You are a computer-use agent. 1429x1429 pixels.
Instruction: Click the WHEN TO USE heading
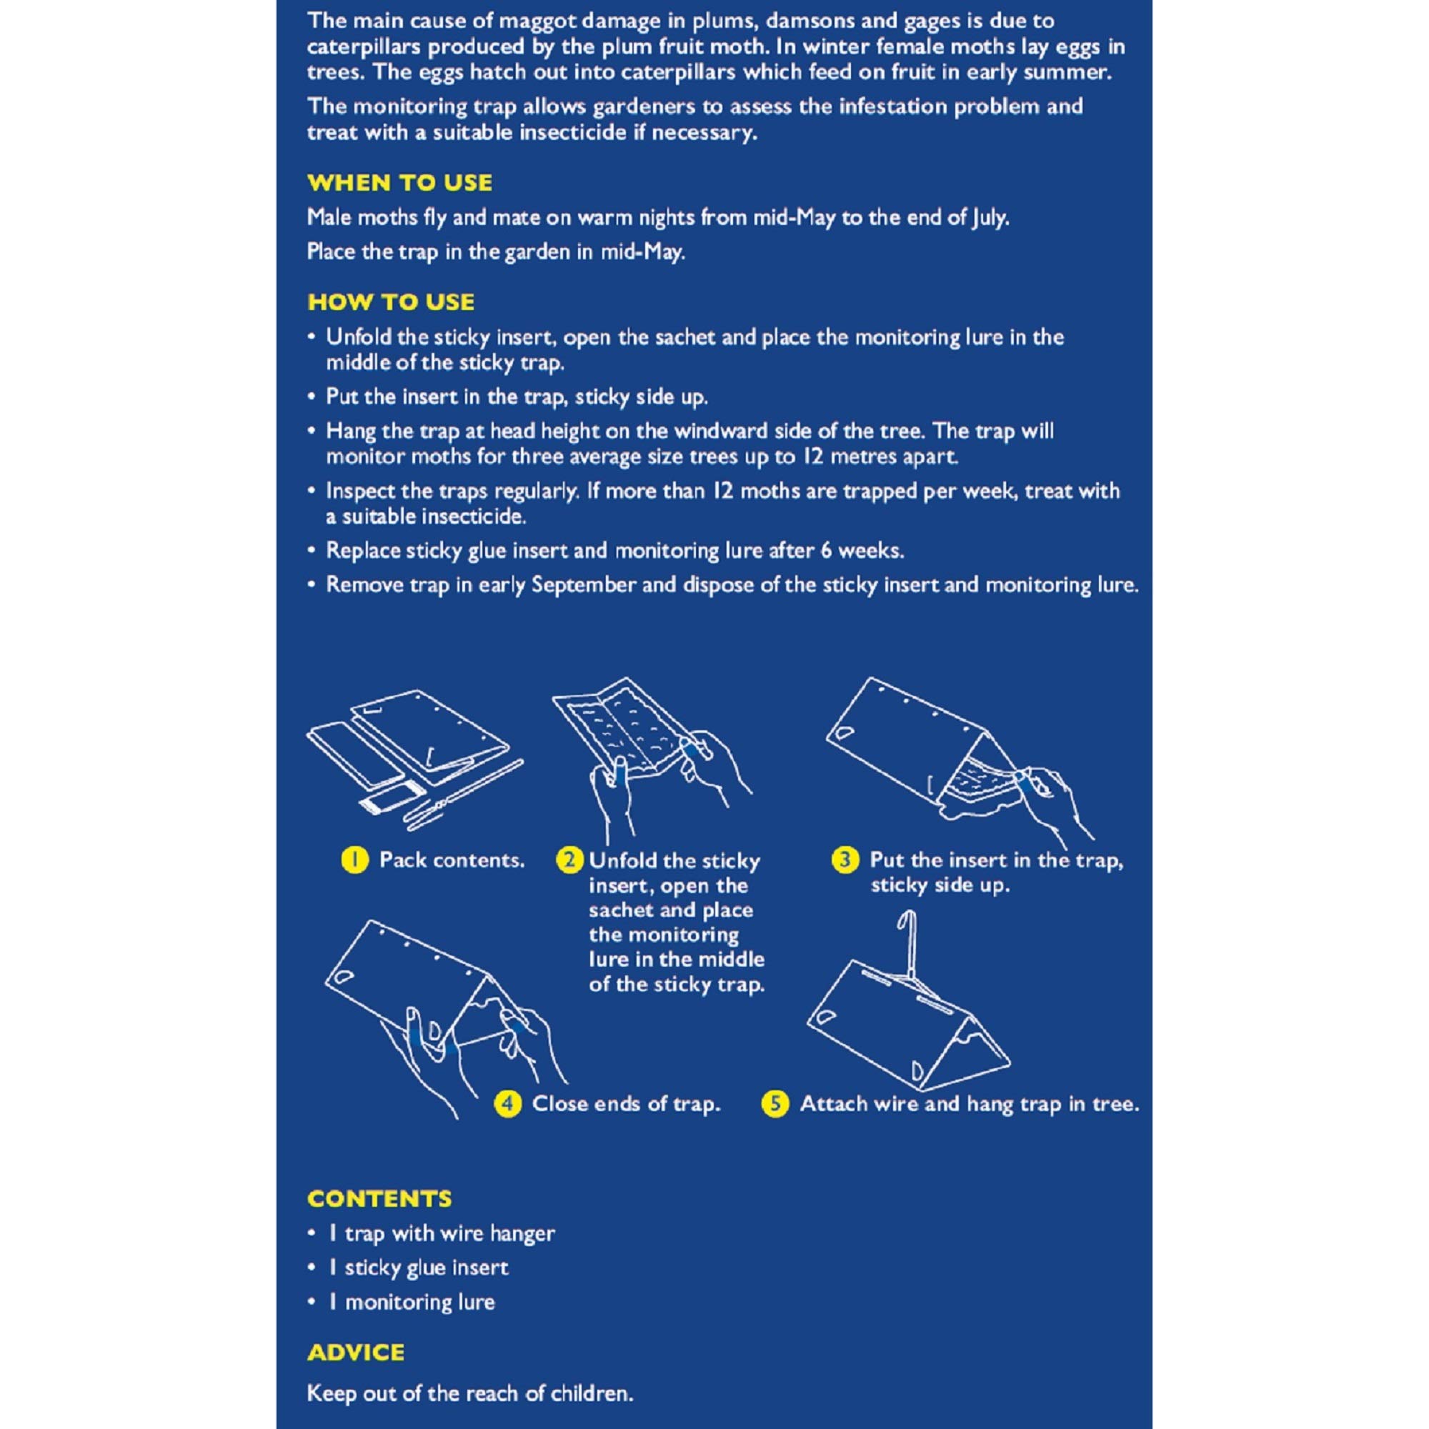coord(399,183)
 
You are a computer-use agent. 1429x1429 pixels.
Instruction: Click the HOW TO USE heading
coord(391,302)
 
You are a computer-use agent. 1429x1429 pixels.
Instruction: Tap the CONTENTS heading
coord(379,1199)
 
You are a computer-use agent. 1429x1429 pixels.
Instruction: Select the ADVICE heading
coord(356,1353)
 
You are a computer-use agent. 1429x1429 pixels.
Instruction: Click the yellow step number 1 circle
coord(355,860)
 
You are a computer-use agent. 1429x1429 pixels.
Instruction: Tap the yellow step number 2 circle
coord(569,860)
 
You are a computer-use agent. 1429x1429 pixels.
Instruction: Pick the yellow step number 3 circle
coord(845,860)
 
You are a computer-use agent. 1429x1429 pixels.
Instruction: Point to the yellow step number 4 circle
coord(507,1105)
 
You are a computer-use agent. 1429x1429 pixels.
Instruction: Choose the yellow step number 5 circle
coord(775,1105)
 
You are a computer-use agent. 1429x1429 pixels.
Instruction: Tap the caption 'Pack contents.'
coord(451,860)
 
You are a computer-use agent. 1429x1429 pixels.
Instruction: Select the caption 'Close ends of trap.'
coord(626,1105)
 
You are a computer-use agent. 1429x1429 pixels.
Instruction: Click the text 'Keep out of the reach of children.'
coord(470,1393)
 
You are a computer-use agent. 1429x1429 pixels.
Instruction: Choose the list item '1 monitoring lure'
coord(412,1303)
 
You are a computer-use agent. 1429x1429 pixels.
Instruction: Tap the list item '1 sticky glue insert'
coord(419,1268)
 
